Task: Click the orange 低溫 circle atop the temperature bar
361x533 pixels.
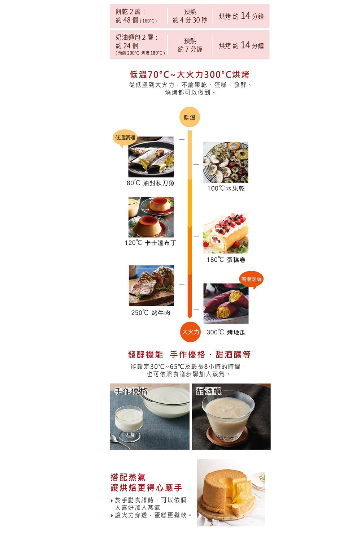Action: [x=189, y=117]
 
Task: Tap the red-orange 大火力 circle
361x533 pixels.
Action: [x=190, y=332]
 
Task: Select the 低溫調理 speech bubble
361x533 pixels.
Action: [x=125, y=138]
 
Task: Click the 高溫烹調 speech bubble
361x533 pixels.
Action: [x=251, y=279]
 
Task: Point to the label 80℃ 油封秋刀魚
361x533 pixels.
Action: [x=151, y=183]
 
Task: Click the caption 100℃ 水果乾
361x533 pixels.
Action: [x=226, y=188]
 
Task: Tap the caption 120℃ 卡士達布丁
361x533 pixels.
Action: [x=150, y=243]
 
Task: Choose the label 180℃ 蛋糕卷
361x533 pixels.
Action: [x=226, y=260]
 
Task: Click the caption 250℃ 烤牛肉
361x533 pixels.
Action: [x=151, y=313]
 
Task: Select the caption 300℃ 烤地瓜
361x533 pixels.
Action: [x=226, y=332]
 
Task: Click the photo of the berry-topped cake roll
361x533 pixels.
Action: [x=226, y=233]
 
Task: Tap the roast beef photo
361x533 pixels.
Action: [x=152, y=286]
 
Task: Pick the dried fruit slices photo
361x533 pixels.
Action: [x=226, y=162]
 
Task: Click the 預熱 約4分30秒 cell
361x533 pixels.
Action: [x=190, y=16]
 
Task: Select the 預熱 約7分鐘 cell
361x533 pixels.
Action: [x=190, y=45]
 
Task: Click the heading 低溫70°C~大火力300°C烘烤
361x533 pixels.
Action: [x=189, y=75]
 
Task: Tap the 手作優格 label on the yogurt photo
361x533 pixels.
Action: [x=131, y=391]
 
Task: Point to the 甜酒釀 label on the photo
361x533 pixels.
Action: [x=209, y=391]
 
